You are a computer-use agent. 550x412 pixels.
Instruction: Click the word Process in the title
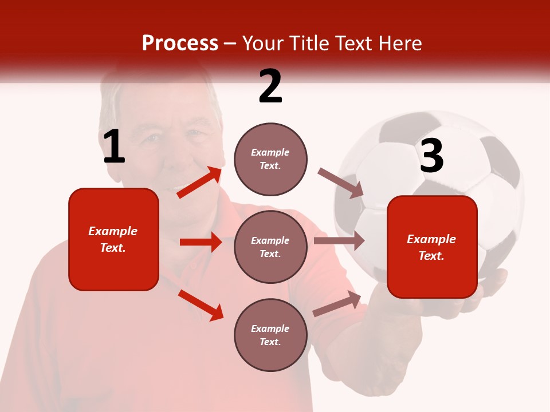[180, 43]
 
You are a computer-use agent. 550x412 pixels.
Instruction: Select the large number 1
[114, 147]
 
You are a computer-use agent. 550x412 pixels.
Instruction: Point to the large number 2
[270, 86]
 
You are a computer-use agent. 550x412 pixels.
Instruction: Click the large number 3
[431, 156]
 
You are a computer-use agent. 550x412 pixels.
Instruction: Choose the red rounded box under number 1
[113, 239]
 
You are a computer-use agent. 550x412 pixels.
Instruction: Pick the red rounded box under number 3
[432, 247]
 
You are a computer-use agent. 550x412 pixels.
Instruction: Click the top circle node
[270, 159]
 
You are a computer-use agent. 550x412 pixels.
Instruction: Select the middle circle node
[270, 247]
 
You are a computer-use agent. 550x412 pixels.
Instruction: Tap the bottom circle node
[270, 335]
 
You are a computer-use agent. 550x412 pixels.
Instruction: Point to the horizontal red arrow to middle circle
[201, 242]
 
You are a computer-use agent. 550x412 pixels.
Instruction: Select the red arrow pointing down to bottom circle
[201, 305]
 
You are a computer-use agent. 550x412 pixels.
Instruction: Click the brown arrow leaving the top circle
[340, 183]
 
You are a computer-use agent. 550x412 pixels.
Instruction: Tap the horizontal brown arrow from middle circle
[339, 241]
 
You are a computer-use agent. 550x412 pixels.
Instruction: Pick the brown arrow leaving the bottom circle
[337, 304]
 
